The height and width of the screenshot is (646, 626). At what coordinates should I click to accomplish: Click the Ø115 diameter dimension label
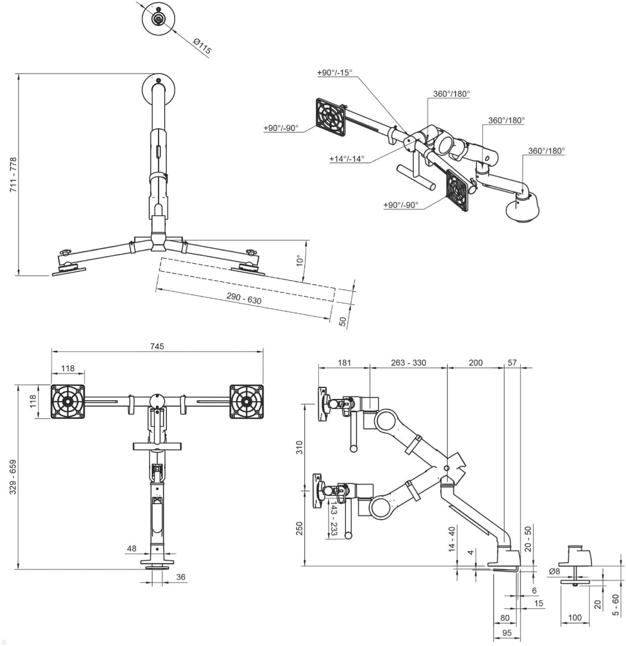(x=202, y=46)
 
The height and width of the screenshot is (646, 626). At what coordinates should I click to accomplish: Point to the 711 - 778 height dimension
(x=13, y=175)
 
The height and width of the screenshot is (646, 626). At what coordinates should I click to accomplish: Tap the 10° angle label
(x=301, y=261)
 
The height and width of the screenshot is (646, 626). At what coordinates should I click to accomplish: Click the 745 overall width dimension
(x=157, y=346)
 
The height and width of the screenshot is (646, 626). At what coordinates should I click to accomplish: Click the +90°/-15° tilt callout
(x=335, y=72)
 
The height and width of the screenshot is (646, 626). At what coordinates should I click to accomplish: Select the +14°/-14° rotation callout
(x=347, y=159)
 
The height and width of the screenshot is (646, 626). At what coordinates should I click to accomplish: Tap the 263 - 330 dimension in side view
(x=408, y=362)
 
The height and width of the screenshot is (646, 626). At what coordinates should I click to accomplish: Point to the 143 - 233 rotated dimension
(x=334, y=518)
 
